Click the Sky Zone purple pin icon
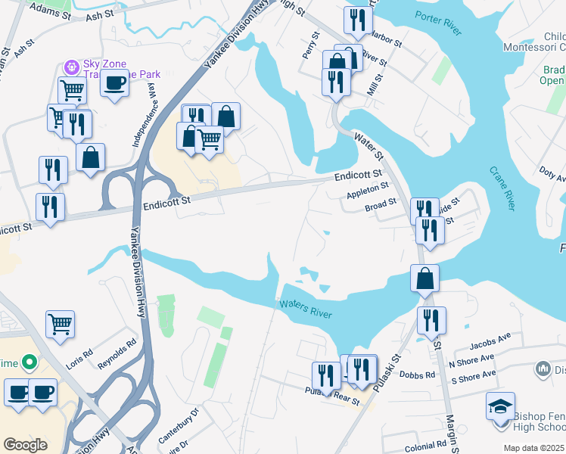pyautogui.click(x=73, y=67)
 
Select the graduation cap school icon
pyautogui.click(x=500, y=406)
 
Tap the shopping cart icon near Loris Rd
pyautogui.click(x=60, y=323)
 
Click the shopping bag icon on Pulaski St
pyautogui.click(x=425, y=278)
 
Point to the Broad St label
pyautogui.click(x=381, y=204)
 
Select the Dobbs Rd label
pyautogui.click(x=421, y=375)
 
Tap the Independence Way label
pyautogui.click(x=148, y=113)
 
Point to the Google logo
pyautogui.click(x=26, y=444)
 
